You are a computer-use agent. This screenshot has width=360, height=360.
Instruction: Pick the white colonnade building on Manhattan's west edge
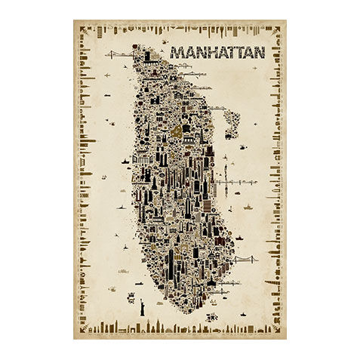[x=142, y=160]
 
